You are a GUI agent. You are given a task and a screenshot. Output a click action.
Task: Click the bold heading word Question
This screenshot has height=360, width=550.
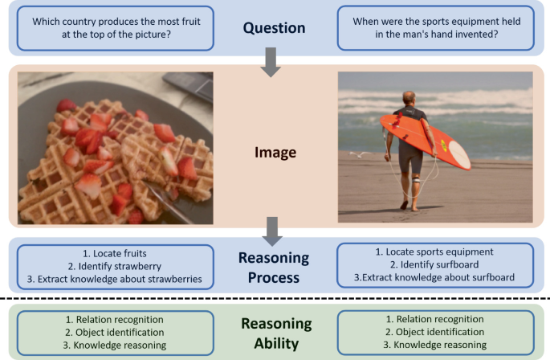click(x=275, y=28)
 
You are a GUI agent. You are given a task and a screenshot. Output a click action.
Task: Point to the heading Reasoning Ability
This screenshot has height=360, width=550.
click(x=275, y=333)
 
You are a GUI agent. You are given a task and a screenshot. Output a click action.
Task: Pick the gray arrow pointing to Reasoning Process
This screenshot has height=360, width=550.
click(x=273, y=233)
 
